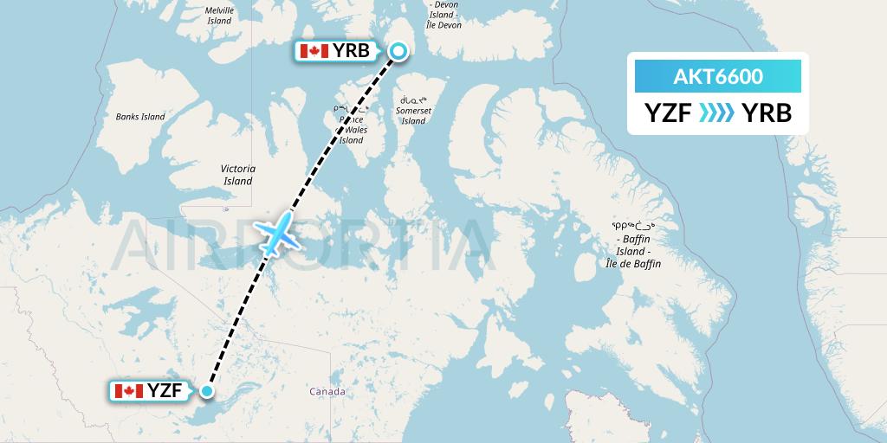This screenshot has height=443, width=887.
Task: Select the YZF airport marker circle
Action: (x=207, y=391)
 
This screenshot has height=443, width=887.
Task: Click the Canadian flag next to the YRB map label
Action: (x=314, y=52)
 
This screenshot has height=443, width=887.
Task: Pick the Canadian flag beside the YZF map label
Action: (x=128, y=391)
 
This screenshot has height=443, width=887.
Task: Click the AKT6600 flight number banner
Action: (x=718, y=77)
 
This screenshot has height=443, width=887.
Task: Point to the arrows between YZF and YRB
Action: (x=717, y=113)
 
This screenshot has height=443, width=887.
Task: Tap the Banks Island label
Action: (x=140, y=117)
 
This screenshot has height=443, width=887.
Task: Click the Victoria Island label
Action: (x=237, y=175)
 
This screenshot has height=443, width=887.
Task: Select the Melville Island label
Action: (x=219, y=16)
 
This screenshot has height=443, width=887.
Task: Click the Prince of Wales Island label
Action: (x=351, y=125)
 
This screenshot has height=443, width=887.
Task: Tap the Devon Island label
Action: (x=445, y=16)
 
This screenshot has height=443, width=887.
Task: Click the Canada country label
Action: (x=327, y=392)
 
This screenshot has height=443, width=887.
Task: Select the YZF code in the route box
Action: (x=667, y=113)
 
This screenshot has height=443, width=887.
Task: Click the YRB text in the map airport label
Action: (x=351, y=52)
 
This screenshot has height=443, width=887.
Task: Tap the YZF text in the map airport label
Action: (x=165, y=391)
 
